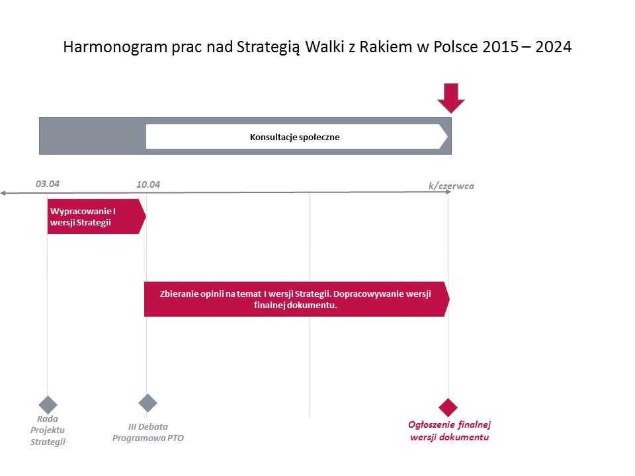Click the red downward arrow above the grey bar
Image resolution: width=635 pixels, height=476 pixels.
tap(451, 98)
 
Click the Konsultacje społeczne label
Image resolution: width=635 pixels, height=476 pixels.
tap(295, 138)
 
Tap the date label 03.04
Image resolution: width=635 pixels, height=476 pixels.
tap(48, 184)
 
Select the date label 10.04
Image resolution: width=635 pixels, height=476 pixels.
tap(148, 184)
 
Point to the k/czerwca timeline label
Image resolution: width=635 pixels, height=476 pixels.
tap(451, 186)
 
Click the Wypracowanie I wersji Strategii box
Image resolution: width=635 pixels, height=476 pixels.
tap(97, 217)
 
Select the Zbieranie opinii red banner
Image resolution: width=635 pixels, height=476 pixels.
tap(297, 299)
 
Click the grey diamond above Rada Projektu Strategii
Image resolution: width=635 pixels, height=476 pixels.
tap(48, 405)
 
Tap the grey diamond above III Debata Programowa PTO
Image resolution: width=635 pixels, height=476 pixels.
tap(148, 403)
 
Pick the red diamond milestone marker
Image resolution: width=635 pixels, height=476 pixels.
tap(448, 407)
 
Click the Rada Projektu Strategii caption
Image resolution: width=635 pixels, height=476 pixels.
tap(48, 430)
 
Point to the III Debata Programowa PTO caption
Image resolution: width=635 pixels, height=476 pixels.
tap(148, 432)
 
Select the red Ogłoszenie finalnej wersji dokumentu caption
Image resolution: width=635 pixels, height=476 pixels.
tap(450, 430)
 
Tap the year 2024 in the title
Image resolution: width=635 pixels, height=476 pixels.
tap(553, 47)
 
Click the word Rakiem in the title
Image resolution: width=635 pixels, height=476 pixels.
tap(386, 47)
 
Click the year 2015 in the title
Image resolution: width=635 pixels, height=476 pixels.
tap(500, 47)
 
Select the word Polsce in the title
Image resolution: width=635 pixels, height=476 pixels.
tap(456, 47)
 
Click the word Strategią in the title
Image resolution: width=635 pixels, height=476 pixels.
tap(269, 48)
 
